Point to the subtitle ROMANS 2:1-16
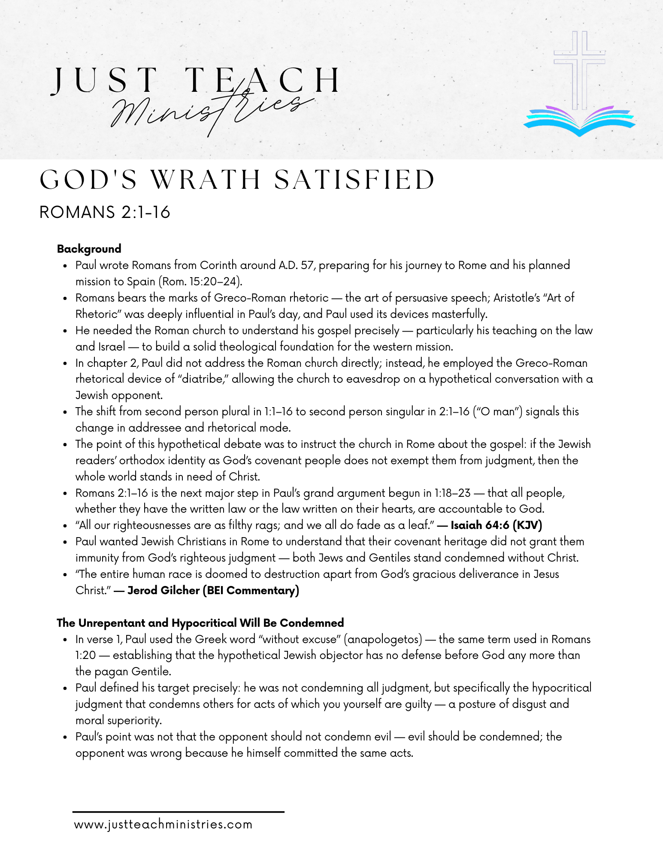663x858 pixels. click(x=105, y=212)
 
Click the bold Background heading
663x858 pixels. click(x=89, y=249)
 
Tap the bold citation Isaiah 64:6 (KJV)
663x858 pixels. click(x=496, y=525)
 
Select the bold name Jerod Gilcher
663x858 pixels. click(x=163, y=590)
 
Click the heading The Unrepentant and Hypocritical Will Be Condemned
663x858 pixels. click(x=200, y=623)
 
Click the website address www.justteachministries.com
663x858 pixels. click(x=163, y=825)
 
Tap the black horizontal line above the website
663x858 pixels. click(x=178, y=812)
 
